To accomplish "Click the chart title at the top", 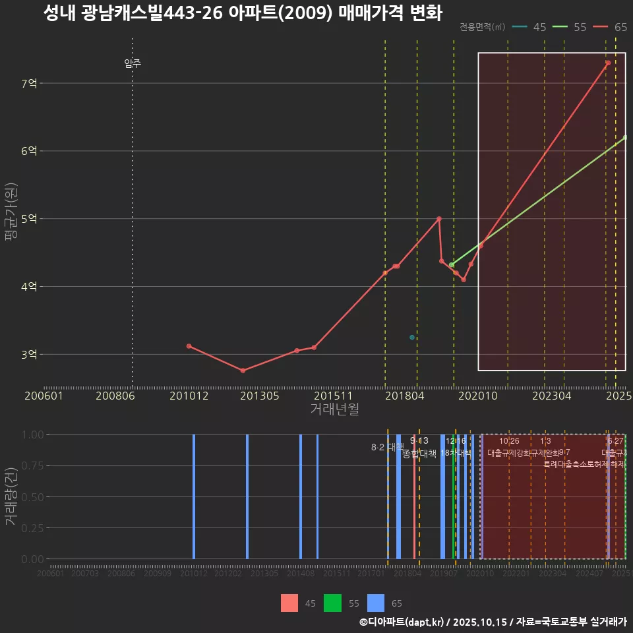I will click(242, 13).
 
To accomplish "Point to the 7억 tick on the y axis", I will click(29, 83).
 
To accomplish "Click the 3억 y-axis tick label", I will click(29, 354).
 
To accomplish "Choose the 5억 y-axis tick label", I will click(29, 218).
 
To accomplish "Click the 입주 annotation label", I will click(133, 63).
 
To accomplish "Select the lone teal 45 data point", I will click(412, 338).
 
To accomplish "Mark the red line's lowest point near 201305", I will click(243, 371).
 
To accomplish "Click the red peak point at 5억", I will click(439, 218).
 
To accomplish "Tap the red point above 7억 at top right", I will click(608, 63).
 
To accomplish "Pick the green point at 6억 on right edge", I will click(624, 137).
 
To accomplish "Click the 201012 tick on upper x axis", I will click(189, 396).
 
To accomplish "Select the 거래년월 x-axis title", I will click(334, 409).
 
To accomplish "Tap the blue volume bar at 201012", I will click(194, 496).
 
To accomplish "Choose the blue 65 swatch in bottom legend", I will click(375, 603).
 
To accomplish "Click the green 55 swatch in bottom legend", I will click(332, 603).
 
